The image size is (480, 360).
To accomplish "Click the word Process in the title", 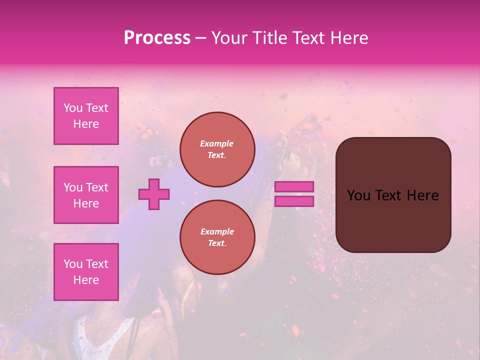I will (x=157, y=38).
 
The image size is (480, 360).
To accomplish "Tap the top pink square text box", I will (x=86, y=116).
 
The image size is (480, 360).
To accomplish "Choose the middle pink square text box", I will (x=86, y=195).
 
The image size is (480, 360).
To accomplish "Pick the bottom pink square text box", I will (x=86, y=271).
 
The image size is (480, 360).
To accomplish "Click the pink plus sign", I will (x=154, y=194).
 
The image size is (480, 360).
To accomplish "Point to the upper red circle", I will (x=217, y=149).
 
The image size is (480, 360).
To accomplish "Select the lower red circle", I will (x=217, y=237).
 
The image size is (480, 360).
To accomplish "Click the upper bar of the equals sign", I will (x=294, y=187).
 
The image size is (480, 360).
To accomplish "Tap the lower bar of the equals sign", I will (x=294, y=201).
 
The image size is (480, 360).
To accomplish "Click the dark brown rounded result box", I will (x=393, y=220).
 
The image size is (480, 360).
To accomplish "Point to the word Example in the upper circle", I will (x=217, y=143).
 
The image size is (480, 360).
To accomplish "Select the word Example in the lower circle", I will (x=217, y=231).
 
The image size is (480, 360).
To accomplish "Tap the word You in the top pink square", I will (x=73, y=108).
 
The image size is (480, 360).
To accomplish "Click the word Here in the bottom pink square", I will (x=86, y=280).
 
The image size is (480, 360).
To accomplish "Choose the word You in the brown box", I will (x=358, y=195).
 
